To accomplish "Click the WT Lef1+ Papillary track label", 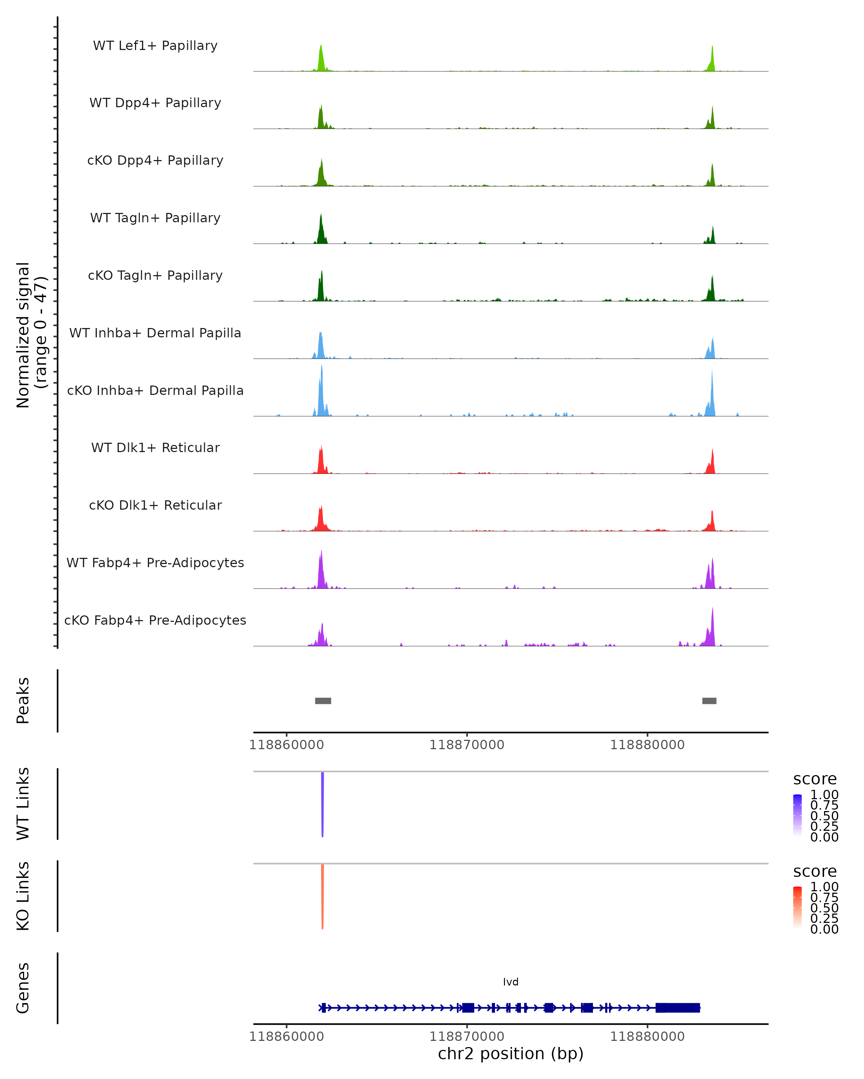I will click(x=155, y=46).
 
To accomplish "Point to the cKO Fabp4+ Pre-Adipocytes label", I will click(x=155, y=620).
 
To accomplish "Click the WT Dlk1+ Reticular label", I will click(x=155, y=447).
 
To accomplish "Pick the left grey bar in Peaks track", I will click(x=323, y=701).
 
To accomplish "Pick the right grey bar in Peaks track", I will click(x=709, y=701).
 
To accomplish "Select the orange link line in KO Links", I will click(x=323, y=896).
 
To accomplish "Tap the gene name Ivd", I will click(x=511, y=982).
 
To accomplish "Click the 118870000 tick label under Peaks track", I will click(x=467, y=745).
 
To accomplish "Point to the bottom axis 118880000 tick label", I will click(x=647, y=1037).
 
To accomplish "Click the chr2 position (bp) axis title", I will click(x=511, y=1054).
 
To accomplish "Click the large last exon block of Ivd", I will click(x=678, y=1008).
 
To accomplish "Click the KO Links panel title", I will click(x=23, y=896).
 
